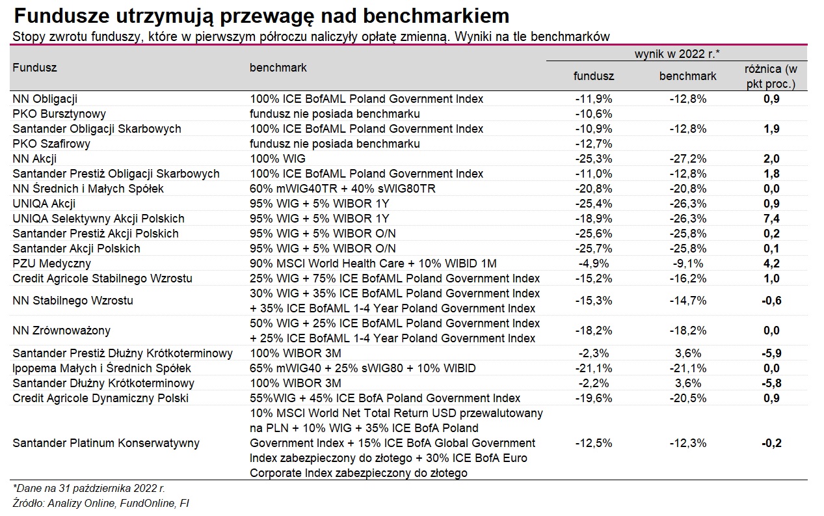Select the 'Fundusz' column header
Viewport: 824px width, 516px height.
(34, 68)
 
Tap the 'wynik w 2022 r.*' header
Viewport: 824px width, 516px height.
(676, 54)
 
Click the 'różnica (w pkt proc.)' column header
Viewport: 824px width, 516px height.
(771, 76)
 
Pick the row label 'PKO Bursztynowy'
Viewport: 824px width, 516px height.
(59, 114)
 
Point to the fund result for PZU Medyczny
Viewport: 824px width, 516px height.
(593, 264)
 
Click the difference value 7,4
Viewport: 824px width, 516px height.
(771, 219)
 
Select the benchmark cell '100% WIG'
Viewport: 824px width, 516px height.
(278, 159)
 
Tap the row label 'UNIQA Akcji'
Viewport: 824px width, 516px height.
(44, 204)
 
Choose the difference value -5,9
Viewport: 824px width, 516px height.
(771, 353)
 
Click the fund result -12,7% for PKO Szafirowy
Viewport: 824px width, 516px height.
(593, 144)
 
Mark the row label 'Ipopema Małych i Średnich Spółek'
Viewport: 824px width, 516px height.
(101, 368)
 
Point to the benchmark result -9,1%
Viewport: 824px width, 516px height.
(687, 264)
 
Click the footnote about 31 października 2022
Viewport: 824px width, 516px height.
(88, 489)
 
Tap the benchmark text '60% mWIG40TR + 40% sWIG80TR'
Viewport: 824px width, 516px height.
(343, 189)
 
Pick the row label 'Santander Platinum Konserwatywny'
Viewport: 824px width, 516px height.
(106, 443)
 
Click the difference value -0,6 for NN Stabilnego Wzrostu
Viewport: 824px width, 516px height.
(771, 301)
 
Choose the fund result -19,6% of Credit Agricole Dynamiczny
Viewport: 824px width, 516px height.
(593, 398)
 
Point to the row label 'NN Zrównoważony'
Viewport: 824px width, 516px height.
(61, 331)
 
